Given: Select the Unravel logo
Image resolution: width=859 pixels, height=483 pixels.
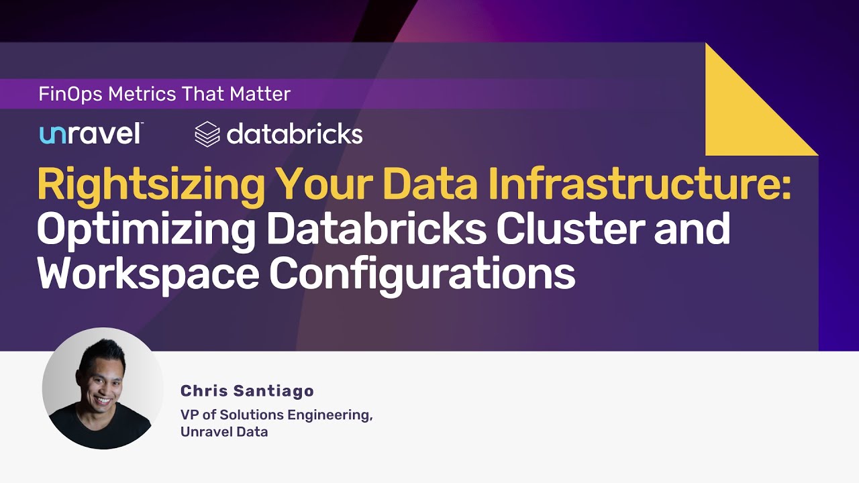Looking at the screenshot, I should point(91,133).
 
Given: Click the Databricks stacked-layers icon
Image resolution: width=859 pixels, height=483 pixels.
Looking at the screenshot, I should point(207,134).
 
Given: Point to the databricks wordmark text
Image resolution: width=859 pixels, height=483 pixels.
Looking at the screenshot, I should point(295,134).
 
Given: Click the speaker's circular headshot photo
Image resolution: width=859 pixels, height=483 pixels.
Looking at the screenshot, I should point(103,388).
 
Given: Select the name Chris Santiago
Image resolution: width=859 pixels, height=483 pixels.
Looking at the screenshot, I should point(247,391).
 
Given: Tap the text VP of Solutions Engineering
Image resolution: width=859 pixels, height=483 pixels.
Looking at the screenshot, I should point(276,415).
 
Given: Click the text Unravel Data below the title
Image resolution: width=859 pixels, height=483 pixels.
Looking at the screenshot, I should point(224,432).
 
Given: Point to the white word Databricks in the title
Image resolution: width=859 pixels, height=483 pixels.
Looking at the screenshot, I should point(376,229).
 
